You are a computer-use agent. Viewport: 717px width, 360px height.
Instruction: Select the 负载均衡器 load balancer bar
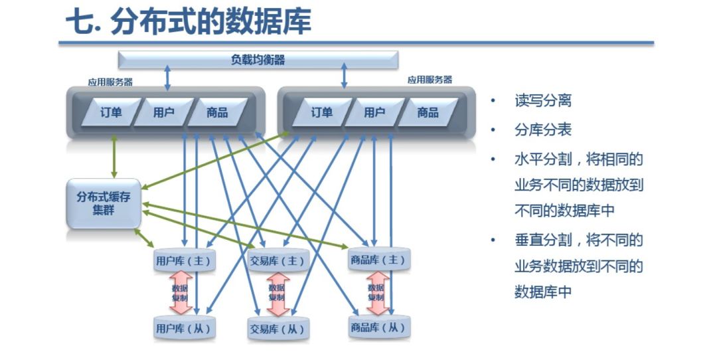pos(258,60)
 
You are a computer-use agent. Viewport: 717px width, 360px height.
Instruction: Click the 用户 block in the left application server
pos(163,112)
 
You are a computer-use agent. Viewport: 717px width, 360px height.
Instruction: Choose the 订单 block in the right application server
pos(321,112)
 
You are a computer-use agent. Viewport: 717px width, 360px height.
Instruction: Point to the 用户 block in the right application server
pos(374,112)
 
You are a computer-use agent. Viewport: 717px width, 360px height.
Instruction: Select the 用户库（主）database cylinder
pos(183,260)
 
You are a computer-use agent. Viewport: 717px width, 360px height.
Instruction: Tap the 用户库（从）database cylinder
pos(183,327)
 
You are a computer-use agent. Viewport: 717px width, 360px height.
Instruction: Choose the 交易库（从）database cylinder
pos(278,329)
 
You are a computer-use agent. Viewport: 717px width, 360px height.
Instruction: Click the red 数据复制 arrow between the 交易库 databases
pos(278,294)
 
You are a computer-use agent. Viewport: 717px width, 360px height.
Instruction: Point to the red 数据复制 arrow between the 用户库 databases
pos(181,293)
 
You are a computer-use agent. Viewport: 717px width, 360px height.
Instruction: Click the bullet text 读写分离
pos(542,101)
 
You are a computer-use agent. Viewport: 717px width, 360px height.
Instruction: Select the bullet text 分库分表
pos(542,130)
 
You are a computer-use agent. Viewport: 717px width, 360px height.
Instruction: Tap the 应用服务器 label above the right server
pos(430,80)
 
